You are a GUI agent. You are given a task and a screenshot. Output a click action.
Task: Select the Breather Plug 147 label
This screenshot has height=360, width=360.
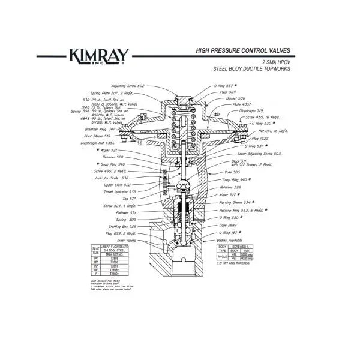pos(99,129)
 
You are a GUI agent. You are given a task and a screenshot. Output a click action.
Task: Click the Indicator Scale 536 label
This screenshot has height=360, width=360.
pos(116,178)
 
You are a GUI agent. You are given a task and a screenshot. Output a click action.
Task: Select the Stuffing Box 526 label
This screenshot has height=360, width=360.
pos(122,226)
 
